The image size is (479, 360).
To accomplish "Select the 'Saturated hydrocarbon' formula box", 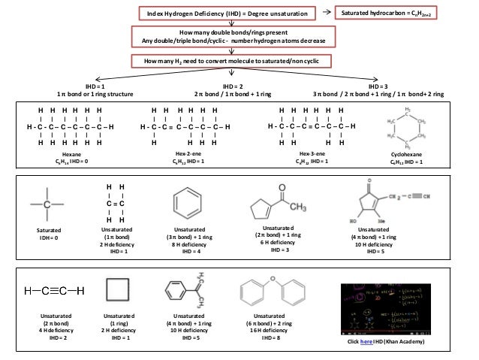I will (x=391, y=14).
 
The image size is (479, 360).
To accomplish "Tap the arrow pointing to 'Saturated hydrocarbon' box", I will (x=326, y=14).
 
